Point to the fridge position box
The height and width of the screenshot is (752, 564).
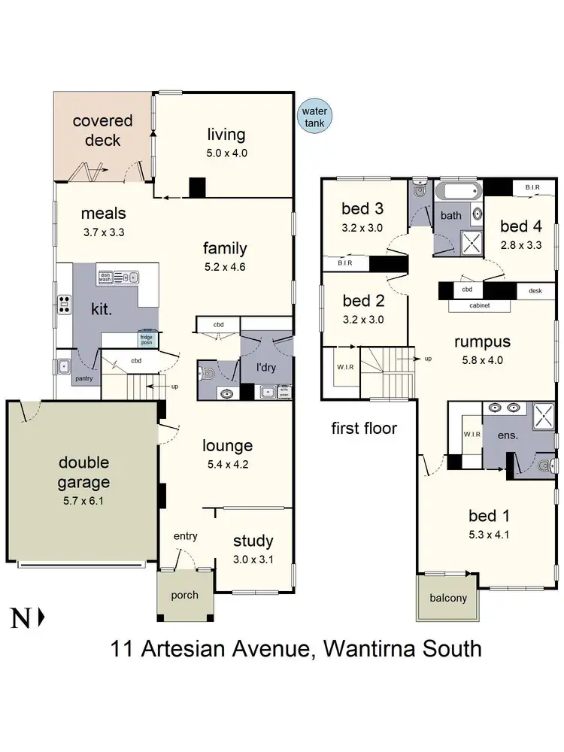[147, 338]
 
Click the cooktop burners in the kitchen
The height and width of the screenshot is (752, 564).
[63, 305]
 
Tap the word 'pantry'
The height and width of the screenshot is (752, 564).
[83, 379]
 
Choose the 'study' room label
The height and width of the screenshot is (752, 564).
[253, 541]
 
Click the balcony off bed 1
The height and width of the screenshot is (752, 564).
[448, 599]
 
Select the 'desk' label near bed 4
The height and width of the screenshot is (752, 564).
[535, 290]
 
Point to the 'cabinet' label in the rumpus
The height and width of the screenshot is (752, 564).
[479, 305]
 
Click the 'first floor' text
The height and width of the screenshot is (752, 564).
[364, 429]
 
